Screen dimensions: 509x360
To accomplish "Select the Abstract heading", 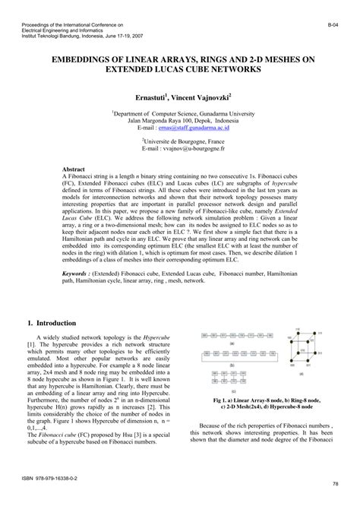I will click(x=74, y=169).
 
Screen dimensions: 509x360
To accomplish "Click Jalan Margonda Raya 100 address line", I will click(x=179, y=121).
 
